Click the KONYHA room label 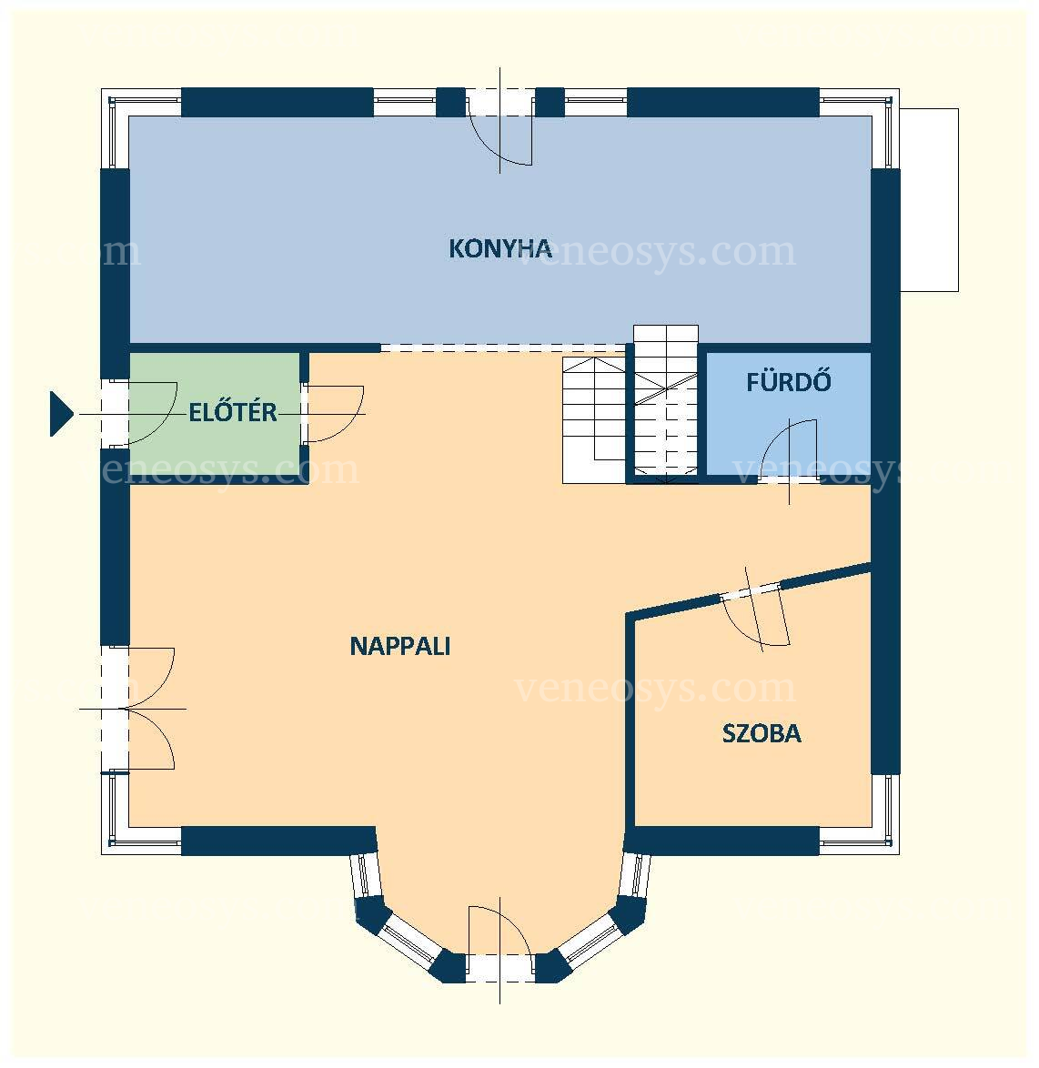pyautogui.click(x=500, y=248)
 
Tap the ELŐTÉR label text pyautogui.click(x=233, y=412)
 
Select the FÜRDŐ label pyautogui.click(x=788, y=381)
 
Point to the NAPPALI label pyautogui.click(x=400, y=646)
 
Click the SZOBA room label pyautogui.click(x=761, y=733)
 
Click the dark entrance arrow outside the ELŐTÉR pyautogui.click(x=61, y=413)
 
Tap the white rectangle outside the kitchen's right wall pyautogui.click(x=929, y=200)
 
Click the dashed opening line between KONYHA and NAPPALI pyautogui.click(x=503, y=348)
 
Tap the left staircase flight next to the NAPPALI pyautogui.click(x=593, y=420)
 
